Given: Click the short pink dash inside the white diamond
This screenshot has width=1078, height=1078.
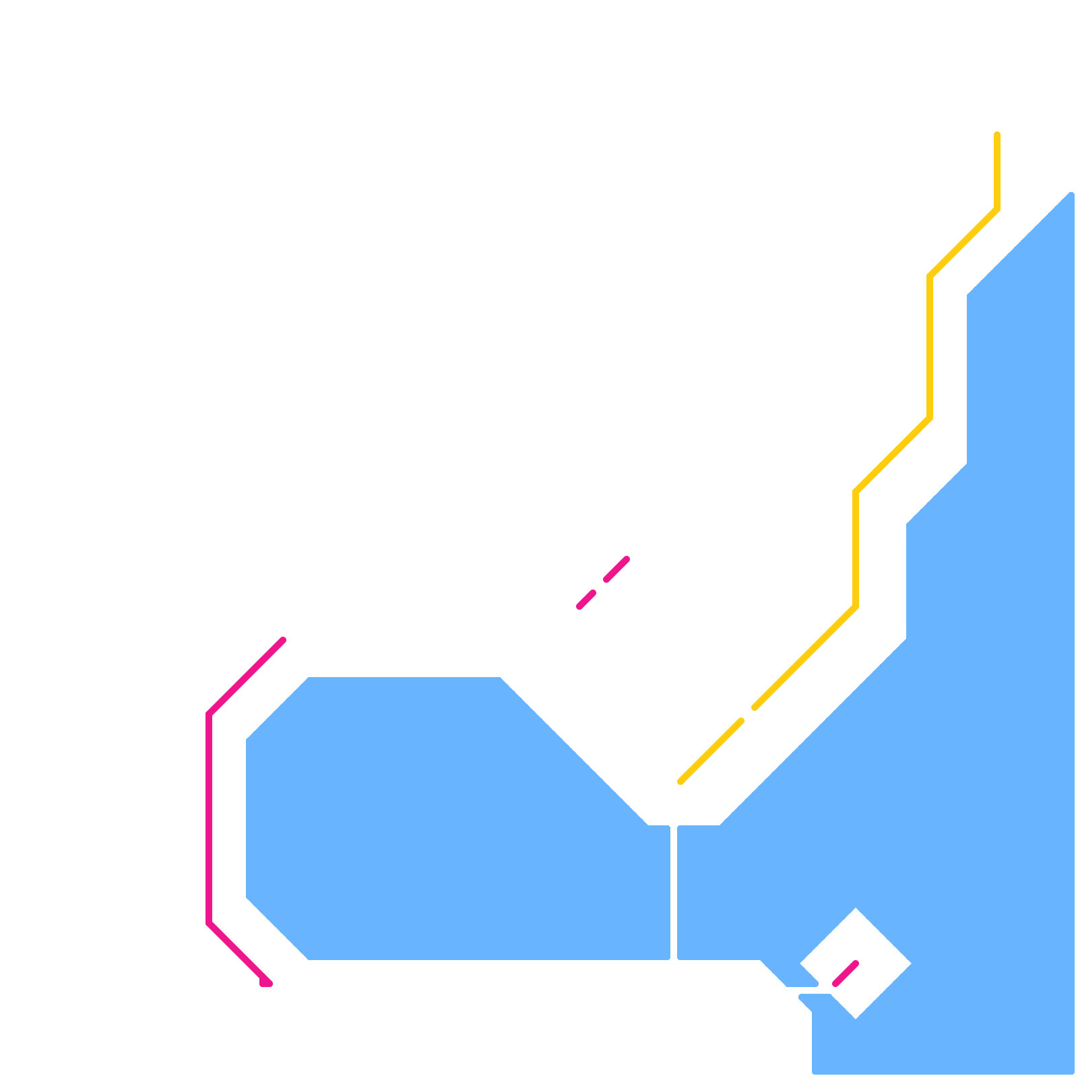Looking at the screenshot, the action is (846, 974).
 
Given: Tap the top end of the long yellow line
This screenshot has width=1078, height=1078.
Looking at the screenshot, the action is (997, 135).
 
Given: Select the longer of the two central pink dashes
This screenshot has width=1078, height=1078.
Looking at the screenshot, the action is (616, 569).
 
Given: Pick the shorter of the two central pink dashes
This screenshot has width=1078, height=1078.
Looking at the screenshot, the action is (586, 600).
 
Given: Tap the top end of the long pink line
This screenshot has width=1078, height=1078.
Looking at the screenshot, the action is (283, 640).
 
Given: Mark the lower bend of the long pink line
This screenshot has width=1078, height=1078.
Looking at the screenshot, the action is (209, 923).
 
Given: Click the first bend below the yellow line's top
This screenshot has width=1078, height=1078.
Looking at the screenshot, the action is (997, 209).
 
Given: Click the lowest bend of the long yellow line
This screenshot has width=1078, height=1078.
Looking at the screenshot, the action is (856, 606).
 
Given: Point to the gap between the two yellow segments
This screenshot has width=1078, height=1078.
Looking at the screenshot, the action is (748, 714).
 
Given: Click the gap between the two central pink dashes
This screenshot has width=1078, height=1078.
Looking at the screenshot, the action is (600, 586).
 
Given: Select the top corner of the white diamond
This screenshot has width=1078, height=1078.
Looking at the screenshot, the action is (856, 910).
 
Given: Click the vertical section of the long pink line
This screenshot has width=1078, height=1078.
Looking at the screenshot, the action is (209, 819).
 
